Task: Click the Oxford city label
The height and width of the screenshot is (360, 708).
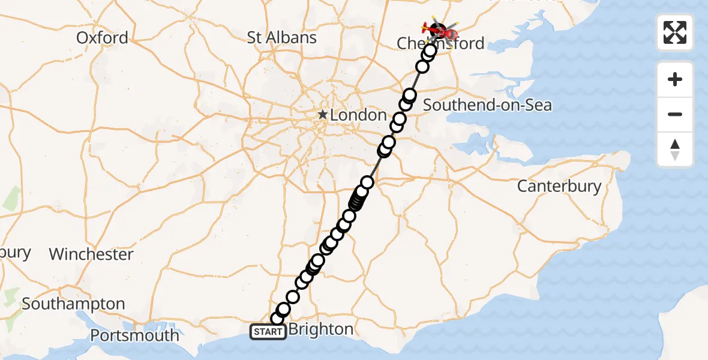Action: tap(102, 38)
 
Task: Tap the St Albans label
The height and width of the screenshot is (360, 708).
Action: tap(281, 38)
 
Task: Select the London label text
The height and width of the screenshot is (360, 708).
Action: tap(358, 115)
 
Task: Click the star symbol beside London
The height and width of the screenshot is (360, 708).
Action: tap(323, 114)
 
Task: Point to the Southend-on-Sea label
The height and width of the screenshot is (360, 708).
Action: tap(487, 106)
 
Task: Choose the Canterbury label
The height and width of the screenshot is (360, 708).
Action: tap(559, 186)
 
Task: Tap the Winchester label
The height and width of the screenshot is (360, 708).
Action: tap(91, 254)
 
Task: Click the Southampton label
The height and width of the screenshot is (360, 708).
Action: tap(73, 304)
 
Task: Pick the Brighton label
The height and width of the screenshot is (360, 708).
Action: tap(321, 329)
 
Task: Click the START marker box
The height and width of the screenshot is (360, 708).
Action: tap(268, 332)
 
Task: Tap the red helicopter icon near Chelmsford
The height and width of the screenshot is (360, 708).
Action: tap(433, 28)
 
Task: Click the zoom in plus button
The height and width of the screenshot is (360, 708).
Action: tap(675, 79)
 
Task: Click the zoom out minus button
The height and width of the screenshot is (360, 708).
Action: tap(675, 114)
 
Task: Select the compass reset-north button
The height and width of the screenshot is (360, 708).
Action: tap(675, 149)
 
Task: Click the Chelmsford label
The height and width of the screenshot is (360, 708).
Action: tap(440, 43)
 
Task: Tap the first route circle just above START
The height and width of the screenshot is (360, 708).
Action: tap(277, 319)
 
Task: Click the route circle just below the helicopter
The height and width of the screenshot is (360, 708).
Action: tap(430, 50)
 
